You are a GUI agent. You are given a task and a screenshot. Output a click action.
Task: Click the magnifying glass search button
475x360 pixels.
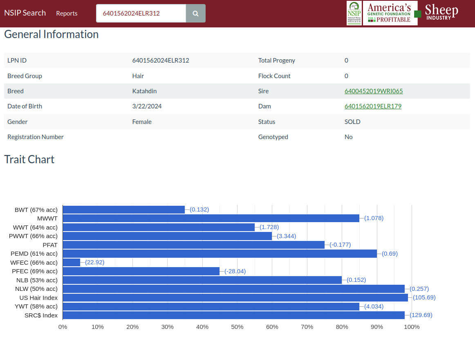coord(196,13)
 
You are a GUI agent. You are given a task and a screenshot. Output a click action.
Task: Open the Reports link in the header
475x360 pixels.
coord(67,13)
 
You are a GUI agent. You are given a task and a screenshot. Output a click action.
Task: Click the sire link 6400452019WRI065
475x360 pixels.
coord(374,91)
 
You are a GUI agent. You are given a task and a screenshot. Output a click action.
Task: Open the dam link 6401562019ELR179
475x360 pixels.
coord(373,106)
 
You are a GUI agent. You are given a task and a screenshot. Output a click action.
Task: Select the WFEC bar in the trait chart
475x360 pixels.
coord(72,262)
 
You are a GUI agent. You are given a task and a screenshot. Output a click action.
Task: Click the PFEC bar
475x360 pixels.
coord(141,271)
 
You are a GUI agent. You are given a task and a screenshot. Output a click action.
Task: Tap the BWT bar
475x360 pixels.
coord(124,209)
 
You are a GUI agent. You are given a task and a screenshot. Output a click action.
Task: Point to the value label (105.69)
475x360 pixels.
coord(424,297)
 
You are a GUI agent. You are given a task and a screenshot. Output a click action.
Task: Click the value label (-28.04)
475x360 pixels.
coord(235,271)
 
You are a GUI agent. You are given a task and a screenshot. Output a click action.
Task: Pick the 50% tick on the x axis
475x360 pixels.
coord(237,327)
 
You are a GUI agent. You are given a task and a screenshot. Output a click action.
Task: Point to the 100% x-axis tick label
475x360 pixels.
coord(412,327)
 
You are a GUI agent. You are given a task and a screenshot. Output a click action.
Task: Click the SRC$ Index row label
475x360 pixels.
coord(41,315)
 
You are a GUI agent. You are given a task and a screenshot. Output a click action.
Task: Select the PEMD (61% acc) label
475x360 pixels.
coord(34,254)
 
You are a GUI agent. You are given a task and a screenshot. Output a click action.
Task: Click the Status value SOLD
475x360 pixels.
coord(352,122)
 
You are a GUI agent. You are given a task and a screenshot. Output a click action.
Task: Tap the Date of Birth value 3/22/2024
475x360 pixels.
coord(147,106)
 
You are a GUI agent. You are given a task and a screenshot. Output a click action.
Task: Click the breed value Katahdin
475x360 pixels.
coord(144,91)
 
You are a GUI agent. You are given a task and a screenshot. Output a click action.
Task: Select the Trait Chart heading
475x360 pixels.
coord(29,159)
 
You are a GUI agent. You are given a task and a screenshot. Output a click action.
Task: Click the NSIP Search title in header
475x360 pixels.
coord(25,13)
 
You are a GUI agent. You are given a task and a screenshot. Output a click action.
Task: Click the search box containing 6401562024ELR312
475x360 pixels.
coord(141,13)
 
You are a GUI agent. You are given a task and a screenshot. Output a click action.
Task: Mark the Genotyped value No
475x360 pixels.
coord(348,137)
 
